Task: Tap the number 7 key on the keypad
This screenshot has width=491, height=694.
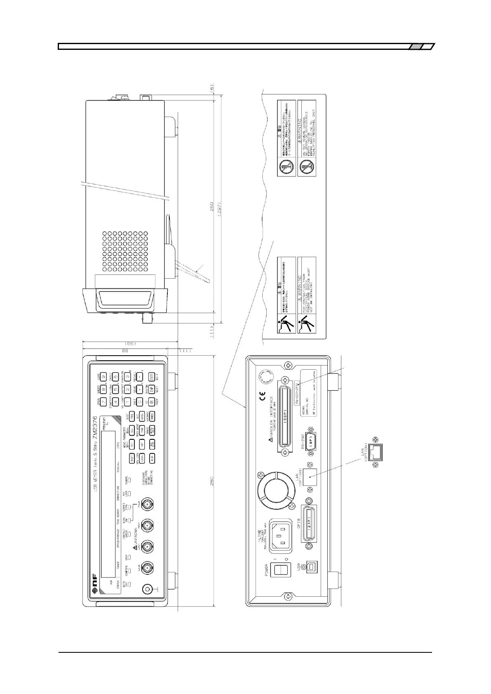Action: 104,401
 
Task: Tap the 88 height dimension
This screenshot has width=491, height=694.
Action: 126,350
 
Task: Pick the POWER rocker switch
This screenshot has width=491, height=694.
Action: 280,570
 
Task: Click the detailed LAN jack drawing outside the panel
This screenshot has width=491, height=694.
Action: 375,452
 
